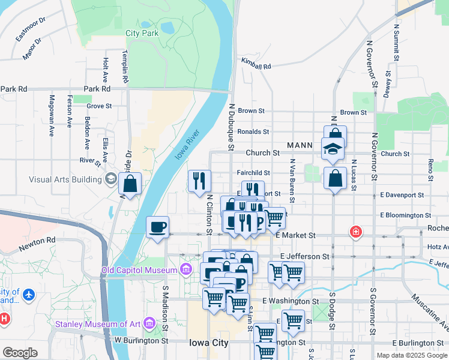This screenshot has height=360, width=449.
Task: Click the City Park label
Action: tap(142, 34)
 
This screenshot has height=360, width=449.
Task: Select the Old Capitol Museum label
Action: tap(139, 270)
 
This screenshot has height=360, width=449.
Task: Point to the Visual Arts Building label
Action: tap(65, 179)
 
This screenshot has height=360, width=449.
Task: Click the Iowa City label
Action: tap(208, 343)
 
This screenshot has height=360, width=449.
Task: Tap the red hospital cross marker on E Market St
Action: tap(356, 232)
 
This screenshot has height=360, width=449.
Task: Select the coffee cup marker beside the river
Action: tap(158, 227)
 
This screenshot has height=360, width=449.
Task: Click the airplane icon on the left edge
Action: tap(28, 295)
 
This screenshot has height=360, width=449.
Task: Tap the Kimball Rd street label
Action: tap(256, 63)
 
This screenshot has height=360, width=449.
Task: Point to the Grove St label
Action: tap(99, 106)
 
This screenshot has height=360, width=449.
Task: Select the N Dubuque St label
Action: tap(231, 126)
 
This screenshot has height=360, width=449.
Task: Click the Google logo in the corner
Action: tap(20, 353)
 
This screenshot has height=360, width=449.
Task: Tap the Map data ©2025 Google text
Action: tap(411, 355)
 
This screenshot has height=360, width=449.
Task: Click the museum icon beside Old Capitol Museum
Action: tap(186, 270)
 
